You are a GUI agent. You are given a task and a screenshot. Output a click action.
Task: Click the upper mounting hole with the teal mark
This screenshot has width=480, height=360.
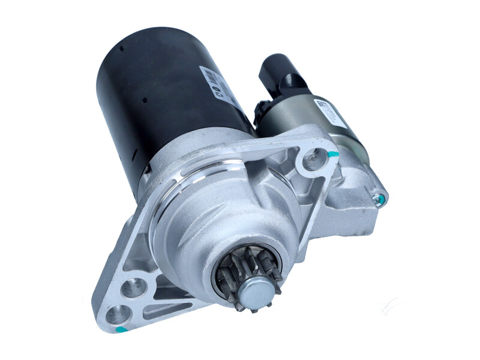point(313,158)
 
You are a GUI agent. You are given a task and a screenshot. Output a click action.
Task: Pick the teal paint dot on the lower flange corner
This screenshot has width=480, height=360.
point(120,329)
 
